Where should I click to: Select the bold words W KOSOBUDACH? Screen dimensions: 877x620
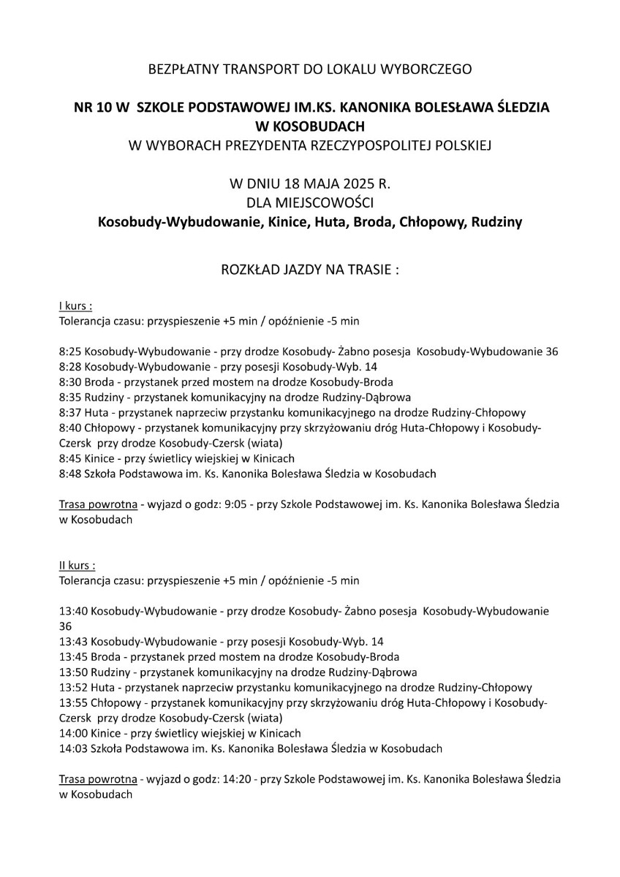(x=310, y=126)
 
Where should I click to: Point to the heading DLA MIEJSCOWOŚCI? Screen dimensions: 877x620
(x=310, y=200)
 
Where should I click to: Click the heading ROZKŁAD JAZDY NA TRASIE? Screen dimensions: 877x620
(x=310, y=269)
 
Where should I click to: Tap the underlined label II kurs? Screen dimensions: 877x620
(x=77, y=566)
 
